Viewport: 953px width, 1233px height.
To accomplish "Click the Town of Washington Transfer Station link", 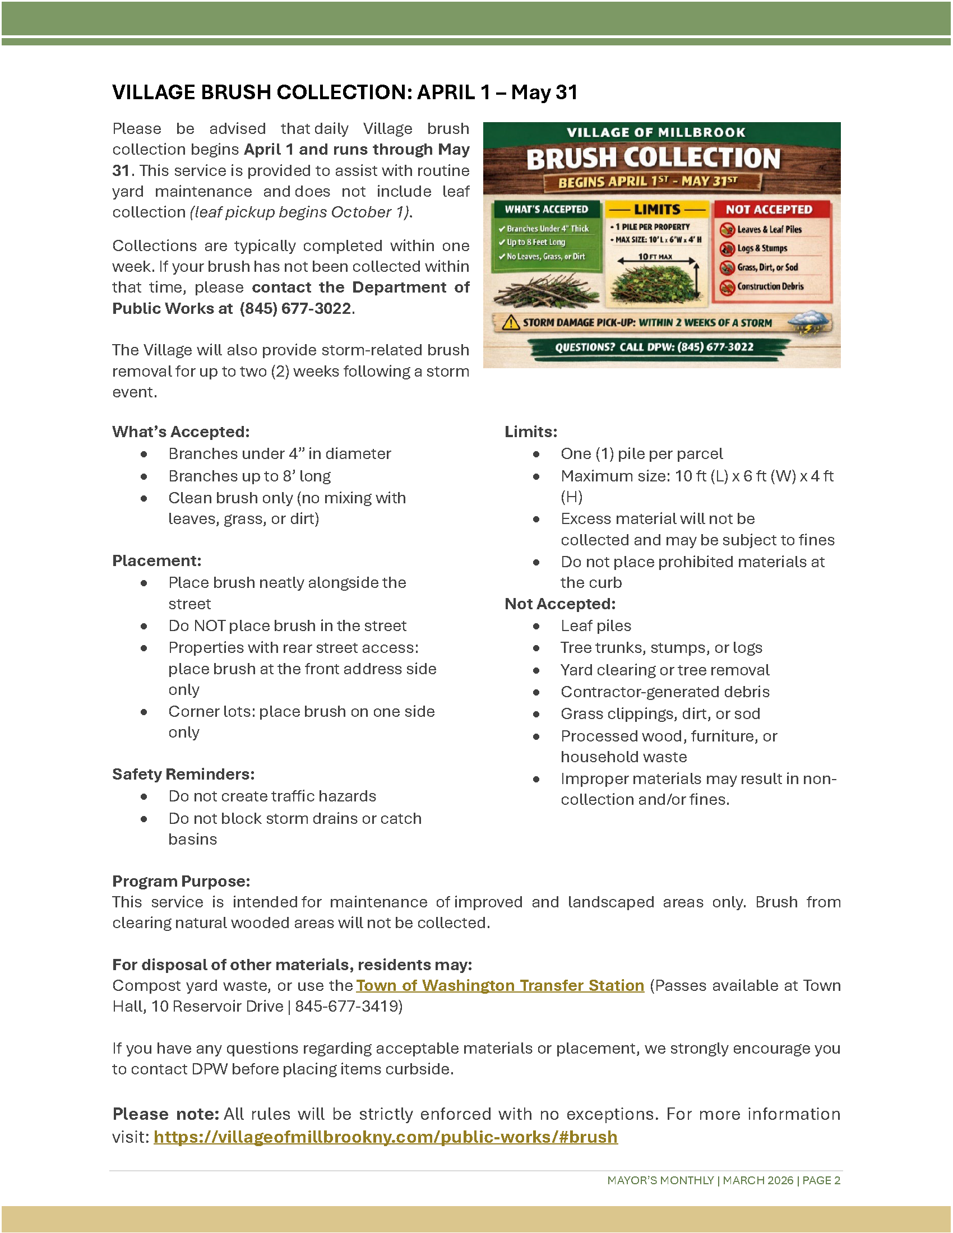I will tap(499, 985).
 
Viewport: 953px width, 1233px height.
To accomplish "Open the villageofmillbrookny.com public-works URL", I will tap(386, 1137).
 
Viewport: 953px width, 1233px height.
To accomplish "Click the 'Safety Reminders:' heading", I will tap(183, 774).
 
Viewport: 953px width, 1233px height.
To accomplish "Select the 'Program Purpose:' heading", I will tap(181, 881).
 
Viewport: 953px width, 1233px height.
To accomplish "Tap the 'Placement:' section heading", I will tap(157, 560).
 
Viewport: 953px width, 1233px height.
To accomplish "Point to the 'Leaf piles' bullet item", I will tap(595, 625).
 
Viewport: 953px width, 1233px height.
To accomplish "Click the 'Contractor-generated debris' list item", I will tap(665, 692).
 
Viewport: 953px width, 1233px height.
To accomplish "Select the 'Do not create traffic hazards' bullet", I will tap(272, 796).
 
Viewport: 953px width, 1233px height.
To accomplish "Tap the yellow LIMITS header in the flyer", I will tap(657, 210).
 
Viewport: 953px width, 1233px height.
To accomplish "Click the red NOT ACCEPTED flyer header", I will tap(769, 210).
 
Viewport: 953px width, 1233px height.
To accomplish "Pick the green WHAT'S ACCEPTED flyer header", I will tap(546, 210).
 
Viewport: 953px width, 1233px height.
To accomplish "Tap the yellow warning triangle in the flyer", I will tap(511, 322).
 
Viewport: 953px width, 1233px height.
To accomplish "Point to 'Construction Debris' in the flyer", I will tap(770, 287).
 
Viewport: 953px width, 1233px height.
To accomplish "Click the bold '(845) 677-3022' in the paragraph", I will tap(295, 308).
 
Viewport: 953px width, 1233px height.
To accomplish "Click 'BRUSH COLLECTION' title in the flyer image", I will tap(653, 159).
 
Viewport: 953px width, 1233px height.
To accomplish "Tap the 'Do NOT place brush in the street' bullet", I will tap(288, 625).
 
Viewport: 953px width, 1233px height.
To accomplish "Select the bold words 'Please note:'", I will tap(165, 1114).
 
